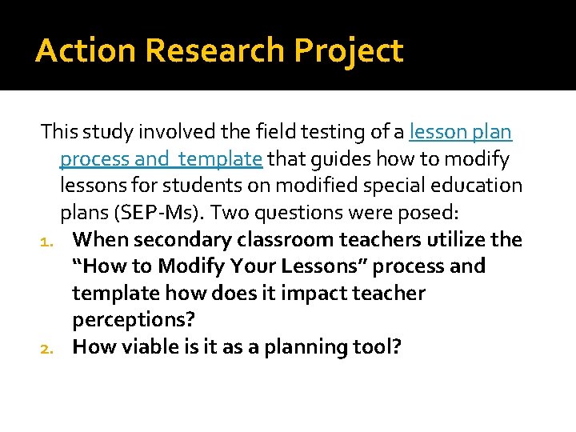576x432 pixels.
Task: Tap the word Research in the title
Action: (207, 51)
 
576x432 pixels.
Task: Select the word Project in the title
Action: (349, 51)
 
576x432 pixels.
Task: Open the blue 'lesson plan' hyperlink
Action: (460, 131)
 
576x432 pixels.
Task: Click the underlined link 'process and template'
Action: (161, 159)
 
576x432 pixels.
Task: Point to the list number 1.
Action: (49, 241)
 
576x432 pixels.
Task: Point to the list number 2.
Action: (50, 348)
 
